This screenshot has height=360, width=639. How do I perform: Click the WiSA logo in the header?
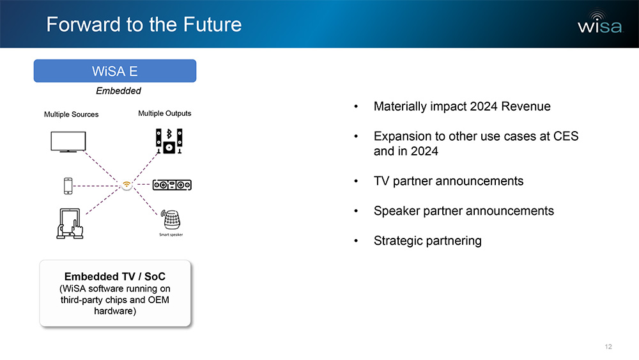coord(600,22)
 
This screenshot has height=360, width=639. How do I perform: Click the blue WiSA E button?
coord(115,71)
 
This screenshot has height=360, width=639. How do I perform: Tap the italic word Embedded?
coord(119,91)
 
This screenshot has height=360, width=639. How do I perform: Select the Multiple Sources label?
coord(72,114)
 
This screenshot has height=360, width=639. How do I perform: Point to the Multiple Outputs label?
coord(165,113)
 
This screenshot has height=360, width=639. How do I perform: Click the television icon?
coord(68,141)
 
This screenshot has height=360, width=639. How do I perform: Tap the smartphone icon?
coord(68,186)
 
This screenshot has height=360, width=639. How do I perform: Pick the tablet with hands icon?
coord(70,223)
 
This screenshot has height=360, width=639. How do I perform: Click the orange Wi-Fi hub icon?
coord(127,185)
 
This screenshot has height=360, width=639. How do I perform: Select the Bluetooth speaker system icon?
coord(169,141)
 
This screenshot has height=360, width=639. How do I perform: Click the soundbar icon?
coord(172,185)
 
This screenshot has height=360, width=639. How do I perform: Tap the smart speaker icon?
coord(171,220)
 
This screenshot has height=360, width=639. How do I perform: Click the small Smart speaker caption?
coord(171,235)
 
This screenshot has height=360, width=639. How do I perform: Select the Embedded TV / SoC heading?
coord(115,276)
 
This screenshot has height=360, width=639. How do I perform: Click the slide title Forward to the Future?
coord(144,24)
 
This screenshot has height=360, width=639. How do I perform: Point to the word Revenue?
coord(526,106)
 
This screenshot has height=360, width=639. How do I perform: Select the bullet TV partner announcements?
coord(449,181)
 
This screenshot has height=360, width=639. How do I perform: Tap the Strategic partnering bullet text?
coord(427,241)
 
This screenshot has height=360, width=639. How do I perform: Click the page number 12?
coord(608,347)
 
